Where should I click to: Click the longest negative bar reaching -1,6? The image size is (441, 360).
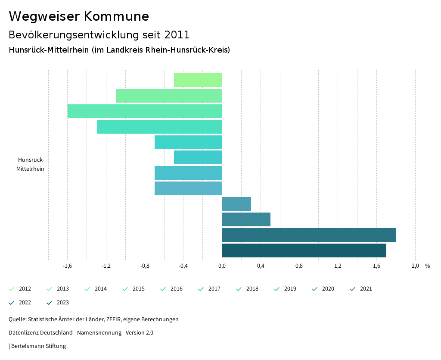coord(145,111)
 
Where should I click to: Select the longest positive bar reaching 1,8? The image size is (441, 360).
coord(309,235)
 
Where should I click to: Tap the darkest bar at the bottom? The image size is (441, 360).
coord(304,250)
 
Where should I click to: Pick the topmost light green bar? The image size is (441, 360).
coord(198,80)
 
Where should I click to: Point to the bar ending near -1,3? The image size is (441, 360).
coord(159,127)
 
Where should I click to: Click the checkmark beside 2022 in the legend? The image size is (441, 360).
coord(12,303)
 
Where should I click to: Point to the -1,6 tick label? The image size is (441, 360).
coord(67,266)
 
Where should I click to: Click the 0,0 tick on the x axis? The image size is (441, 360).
coord(222,266)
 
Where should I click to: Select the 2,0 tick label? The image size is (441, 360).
coord(415,266)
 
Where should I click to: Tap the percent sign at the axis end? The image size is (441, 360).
coord(427,266)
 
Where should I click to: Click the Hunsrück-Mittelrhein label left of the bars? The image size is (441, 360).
coord(31,164)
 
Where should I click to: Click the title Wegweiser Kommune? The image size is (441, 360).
coord(79,16)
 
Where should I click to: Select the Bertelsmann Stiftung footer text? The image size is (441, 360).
coord(38,346)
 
